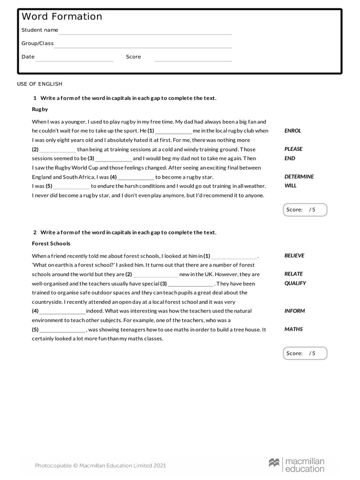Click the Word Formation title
click(x=62, y=17)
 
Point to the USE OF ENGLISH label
click(x=39, y=84)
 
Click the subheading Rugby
click(x=40, y=109)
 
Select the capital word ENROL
click(x=292, y=131)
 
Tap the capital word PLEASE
click(x=293, y=149)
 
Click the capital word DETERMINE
click(x=299, y=177)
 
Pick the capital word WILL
click(x=291, y=186)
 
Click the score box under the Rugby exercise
click(x=305, y=210)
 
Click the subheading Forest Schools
click(x=51, y=244)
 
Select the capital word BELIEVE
click(x=294, y=256)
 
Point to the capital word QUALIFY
click(x=295, y=283)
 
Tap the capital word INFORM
click(x=294, y=311)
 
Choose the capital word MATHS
click(x=293, y=329)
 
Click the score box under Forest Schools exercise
click(x=305, y=353)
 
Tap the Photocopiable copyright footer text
click(x=100, y=465)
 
